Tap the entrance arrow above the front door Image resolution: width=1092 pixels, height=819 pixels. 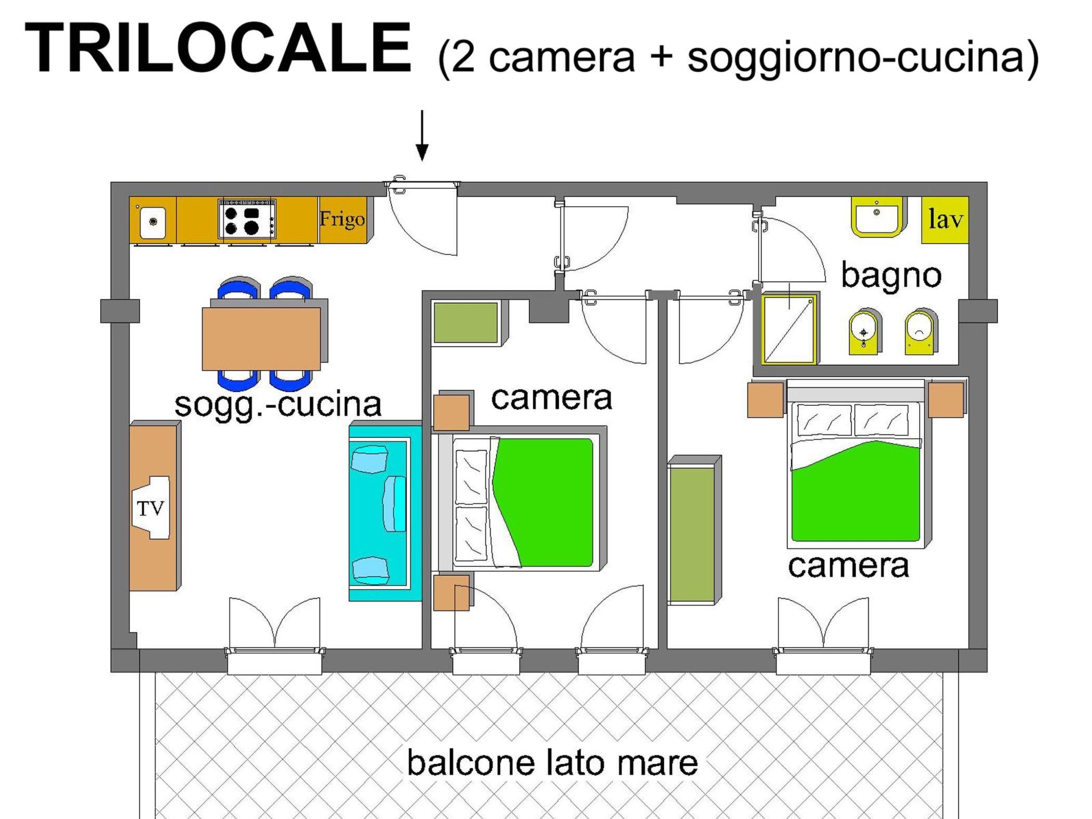click(x=422, y=135)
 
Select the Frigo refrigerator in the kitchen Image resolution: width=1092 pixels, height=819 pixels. click(x=343, y=220)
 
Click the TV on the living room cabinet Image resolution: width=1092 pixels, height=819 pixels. click(x=151, y=508)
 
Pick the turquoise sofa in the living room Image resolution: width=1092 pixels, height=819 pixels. click(x=385, y=512)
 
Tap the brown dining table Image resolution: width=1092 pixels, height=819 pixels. click(x=261, y=339)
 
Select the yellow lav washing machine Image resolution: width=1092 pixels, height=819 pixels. click(x=945, y=220)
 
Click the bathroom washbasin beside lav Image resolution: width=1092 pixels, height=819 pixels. click(x=877, y=217)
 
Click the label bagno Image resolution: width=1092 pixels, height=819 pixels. click(x=892, y=276)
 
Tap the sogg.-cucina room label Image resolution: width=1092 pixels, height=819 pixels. click(x=278, y=405)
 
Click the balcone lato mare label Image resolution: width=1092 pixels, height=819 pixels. click(x=552, y=762)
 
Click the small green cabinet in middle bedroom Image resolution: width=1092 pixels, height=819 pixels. click(x=466, y=323)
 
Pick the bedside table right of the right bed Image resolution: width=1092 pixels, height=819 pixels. click(x=946, y=399)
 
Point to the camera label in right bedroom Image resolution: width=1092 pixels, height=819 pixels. click(x=848, y=566)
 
